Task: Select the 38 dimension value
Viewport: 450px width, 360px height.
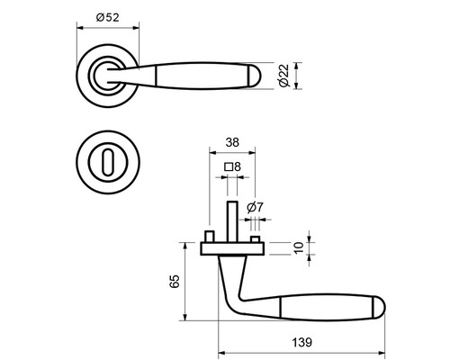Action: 231,142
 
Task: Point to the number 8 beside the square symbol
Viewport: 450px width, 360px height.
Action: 236,166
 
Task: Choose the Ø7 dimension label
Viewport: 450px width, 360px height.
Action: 255,208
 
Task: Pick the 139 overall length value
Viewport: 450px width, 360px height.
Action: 302,341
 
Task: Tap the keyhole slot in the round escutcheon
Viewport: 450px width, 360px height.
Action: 107,165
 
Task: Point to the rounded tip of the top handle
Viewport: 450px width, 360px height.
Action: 257,78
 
